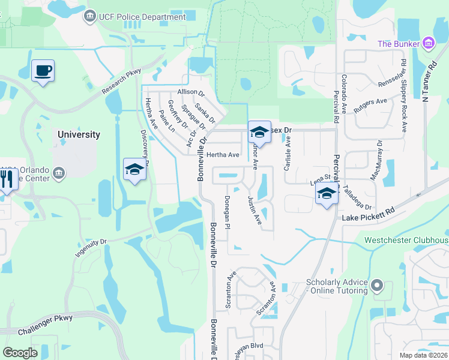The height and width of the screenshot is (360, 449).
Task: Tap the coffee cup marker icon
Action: (x=43, y=71)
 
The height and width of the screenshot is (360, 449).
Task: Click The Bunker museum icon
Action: (x=428, y=43)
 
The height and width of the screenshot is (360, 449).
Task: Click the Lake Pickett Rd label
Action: (x=369, y=213)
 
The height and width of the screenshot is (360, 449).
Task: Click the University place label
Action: (x=79, y=134)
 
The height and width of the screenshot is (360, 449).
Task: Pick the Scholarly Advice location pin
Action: (x=377, y=284)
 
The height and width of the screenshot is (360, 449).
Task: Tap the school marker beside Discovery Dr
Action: (x=134, y=170)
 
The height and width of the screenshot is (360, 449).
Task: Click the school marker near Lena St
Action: (x=327, y=194)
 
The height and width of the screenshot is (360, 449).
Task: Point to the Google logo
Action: (x=20, y=353)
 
